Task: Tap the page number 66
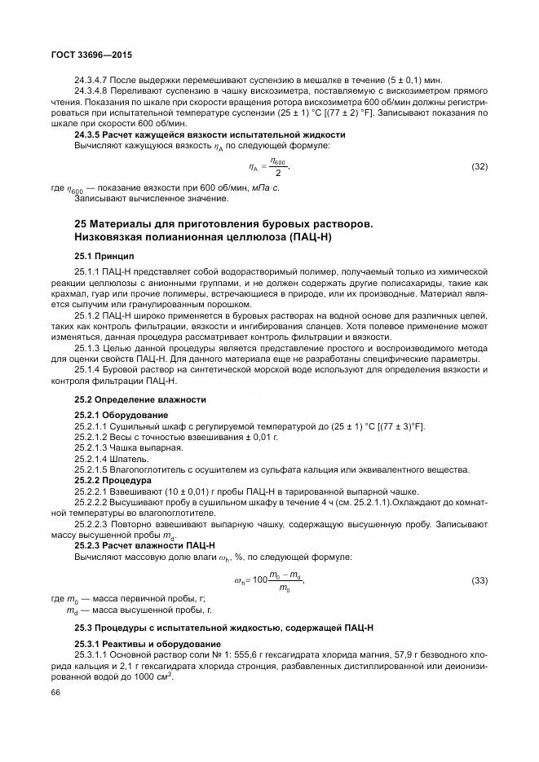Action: point(55,692)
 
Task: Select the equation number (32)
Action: point(479,166)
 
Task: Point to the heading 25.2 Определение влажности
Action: point(140,399)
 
